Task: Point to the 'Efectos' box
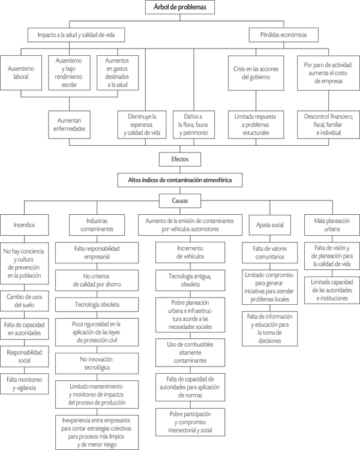(179, 160)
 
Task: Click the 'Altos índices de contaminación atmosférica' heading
(180, 179)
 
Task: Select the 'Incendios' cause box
(24, 226)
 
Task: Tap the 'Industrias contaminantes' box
(94, 226)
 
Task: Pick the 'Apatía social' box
(269, 226)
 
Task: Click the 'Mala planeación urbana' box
(332, 226)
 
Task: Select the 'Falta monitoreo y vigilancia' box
(24, 384)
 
